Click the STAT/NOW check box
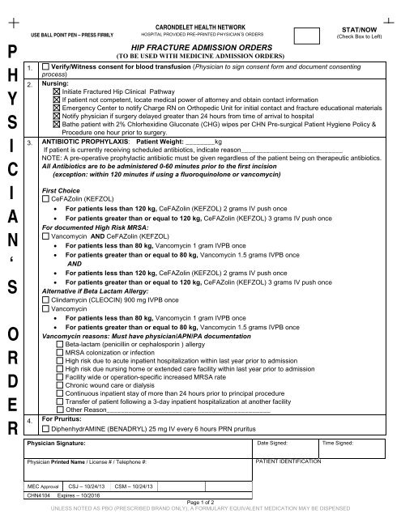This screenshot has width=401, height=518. click(305, 35)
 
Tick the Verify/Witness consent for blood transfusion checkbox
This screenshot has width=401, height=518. click(45, 66)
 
